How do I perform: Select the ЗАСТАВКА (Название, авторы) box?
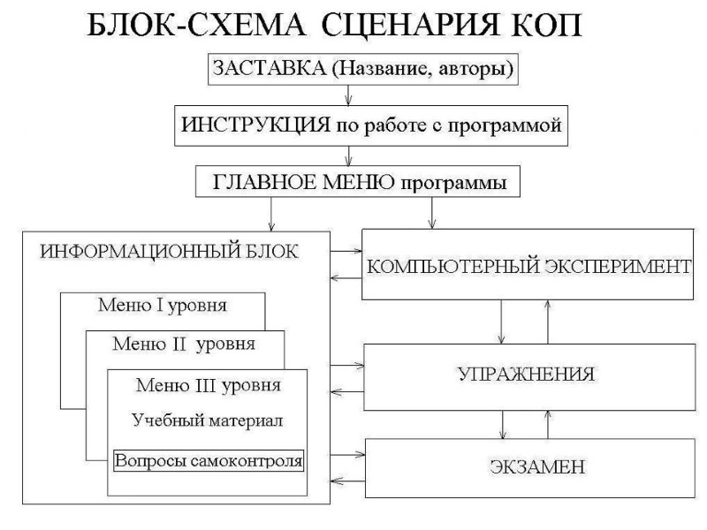tap(362, 69)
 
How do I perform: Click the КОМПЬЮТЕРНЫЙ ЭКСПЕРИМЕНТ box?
tap(528, 266)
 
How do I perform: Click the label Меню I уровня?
tap(163, 307)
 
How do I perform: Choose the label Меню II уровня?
tap(185, 344)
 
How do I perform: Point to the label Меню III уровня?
tap(209, 385)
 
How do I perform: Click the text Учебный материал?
tap(208, 420)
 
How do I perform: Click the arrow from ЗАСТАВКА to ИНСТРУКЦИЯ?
tap(351, 96)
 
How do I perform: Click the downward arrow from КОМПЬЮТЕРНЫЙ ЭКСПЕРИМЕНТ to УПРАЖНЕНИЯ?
tap(502, 322)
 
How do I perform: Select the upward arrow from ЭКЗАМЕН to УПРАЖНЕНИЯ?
tap(549, 425)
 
